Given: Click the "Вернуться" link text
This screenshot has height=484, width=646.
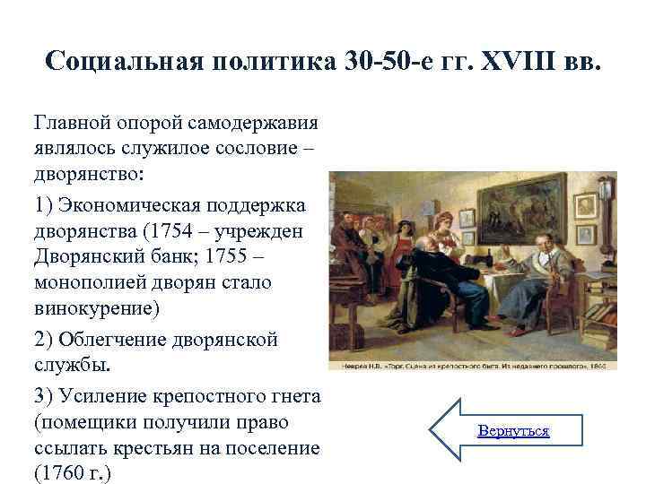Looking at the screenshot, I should coord(513,431).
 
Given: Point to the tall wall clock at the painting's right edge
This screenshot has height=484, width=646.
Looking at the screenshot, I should coord(607,211).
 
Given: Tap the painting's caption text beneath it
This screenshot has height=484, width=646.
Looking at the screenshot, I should coord(476,365).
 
